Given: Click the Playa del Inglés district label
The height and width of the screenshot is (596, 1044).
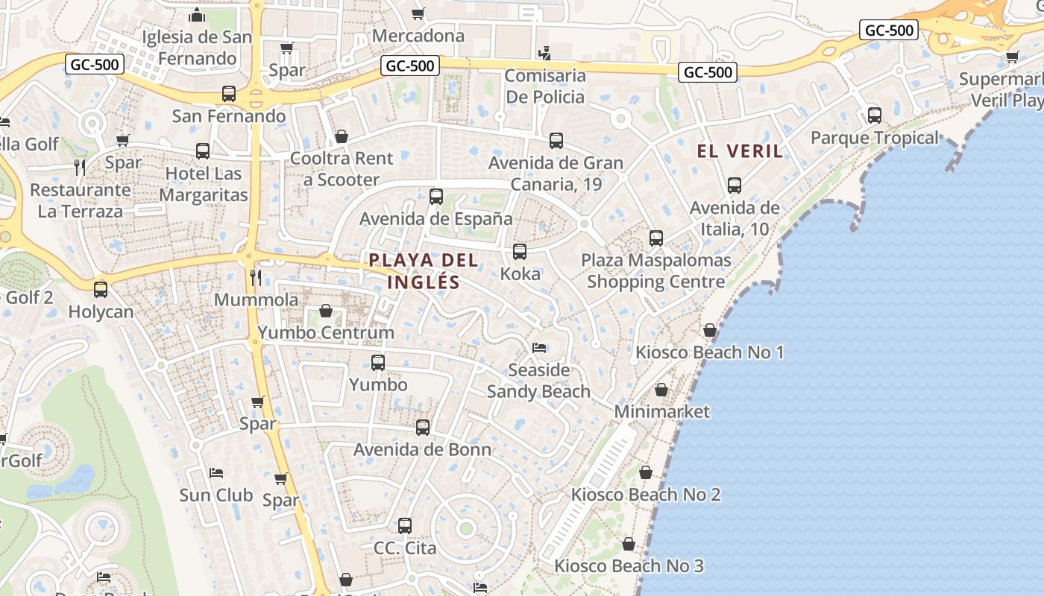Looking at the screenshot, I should pos(423,271).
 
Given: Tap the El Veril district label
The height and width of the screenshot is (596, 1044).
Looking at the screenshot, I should pos(740,151).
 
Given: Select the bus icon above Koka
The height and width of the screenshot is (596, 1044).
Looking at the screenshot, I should pos(520,252).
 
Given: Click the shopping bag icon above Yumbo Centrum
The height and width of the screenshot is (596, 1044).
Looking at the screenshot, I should pos(326,310).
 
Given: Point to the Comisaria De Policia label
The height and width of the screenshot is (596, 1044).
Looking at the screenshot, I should pos(545,86).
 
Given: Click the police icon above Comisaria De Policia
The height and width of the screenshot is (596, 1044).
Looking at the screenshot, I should pos(545,53).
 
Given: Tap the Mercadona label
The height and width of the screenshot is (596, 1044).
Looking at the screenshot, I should pos(418,35).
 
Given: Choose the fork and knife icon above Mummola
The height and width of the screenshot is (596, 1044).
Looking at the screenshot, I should pos(256,278).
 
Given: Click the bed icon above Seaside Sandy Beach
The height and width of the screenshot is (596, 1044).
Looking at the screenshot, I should pos(539,347).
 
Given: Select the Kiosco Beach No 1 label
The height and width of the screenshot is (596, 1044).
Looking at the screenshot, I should pos(709,352).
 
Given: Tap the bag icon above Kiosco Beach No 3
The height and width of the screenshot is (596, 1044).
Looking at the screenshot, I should pos(629,544).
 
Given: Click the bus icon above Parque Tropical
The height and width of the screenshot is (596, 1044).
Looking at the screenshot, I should pos(874,115).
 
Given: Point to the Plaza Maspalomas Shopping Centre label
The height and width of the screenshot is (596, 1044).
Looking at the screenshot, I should pos(656,271).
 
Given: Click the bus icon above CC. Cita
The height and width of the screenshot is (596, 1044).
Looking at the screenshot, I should pos(405,525).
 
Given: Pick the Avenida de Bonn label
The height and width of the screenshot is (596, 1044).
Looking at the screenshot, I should pos(422,449).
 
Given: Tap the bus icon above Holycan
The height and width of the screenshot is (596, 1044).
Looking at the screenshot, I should pos(101,289).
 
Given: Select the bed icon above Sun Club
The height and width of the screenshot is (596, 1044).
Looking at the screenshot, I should pos(216,472).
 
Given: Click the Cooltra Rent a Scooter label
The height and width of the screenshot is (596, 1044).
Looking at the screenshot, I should pos(342,168).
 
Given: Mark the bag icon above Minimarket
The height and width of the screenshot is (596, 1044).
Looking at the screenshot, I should pos(661,390).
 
